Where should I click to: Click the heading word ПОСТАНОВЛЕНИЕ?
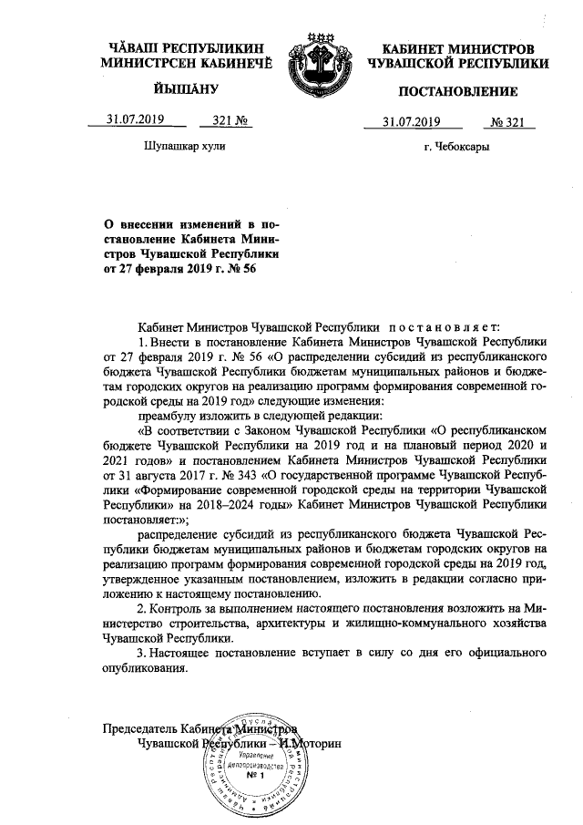[x=457, y=91]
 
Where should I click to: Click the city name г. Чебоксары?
[x=456, y=146]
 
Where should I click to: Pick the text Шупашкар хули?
[x=184, y=146]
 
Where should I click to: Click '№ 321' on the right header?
[x=511, y=122]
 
